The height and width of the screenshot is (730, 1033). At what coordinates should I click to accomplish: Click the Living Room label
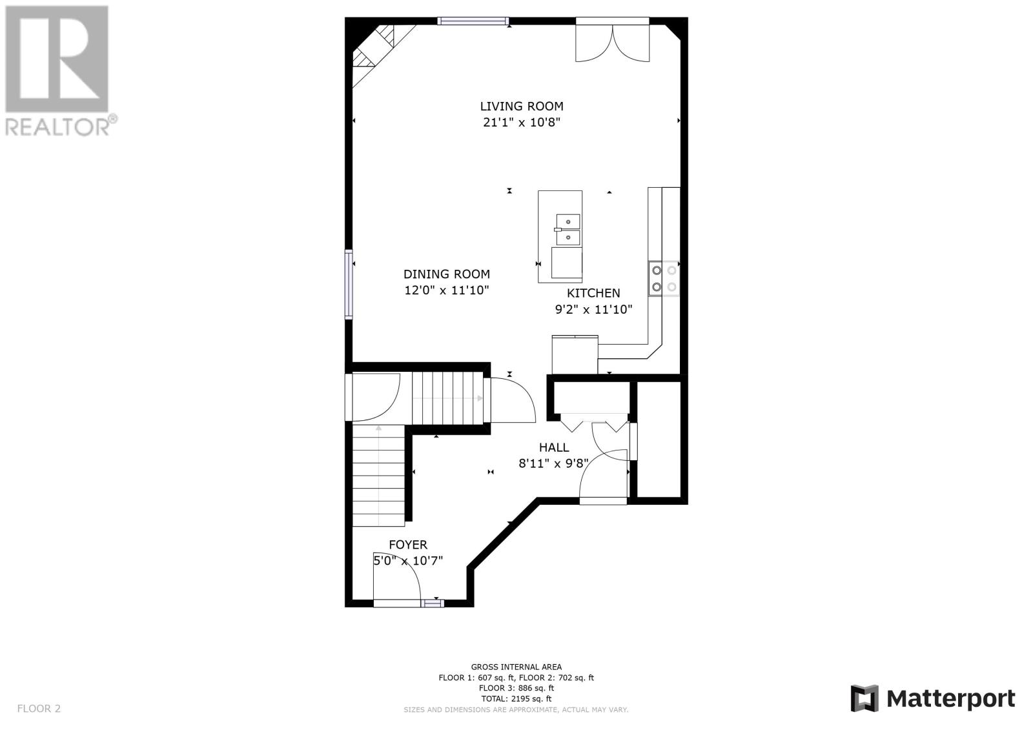click(x=522, y=106)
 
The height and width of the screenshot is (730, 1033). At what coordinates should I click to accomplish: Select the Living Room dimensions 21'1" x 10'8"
click(x=522, y=122)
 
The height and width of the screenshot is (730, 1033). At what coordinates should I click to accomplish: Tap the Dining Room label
click(x=446, y=274)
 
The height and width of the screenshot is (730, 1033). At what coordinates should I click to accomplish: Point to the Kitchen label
click(x=593, y=293)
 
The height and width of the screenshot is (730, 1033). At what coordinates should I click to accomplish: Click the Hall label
click(x=554, y=447)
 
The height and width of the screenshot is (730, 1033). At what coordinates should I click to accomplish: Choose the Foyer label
click(x=408, y=545)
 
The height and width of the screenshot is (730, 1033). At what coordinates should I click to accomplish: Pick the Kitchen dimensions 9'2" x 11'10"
click(x=593, y=309)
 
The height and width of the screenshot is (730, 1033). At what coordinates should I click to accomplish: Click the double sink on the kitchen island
click(x=568, y=229)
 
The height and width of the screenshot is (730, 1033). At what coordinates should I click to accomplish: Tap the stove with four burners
click(x=664, y=278)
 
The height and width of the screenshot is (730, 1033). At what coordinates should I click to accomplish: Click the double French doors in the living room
click(x=613, y=40)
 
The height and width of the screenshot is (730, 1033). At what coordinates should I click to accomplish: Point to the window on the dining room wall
click(x=349, y=284)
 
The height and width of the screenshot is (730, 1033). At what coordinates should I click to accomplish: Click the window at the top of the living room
click(x=473, y=21)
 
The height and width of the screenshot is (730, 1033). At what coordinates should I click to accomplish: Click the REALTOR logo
click(x=61, y=71)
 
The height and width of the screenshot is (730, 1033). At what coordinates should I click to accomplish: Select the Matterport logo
click(x=932, y=698)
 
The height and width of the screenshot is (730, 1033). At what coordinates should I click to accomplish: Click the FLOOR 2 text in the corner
click(x=39, y=708)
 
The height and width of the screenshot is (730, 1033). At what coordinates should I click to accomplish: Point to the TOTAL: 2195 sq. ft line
click(x=516, y=698)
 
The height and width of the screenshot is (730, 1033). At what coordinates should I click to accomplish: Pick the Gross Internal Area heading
click(x=516, y=667)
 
